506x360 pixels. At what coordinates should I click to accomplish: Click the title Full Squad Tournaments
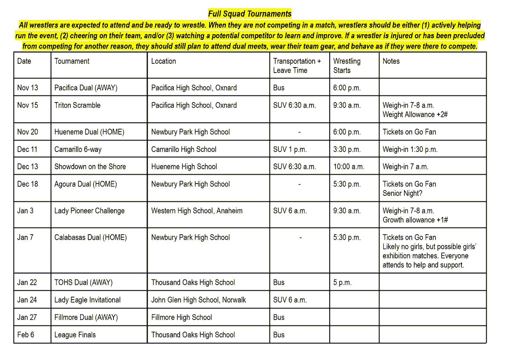(250, 14)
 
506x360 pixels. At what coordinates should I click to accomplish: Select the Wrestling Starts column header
(347, 65)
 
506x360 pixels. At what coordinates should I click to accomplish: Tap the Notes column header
(391, 61)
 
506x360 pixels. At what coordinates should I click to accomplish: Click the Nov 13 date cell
(27, 88)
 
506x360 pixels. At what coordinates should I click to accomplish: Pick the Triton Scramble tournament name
(77, 105)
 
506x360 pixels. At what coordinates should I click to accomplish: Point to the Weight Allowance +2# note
(415, 114)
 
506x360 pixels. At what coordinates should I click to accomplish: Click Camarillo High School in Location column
(183, 149)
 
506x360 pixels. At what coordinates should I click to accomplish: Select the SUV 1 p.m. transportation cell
(290, 149)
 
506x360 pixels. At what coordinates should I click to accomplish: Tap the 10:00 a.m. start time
(349, 166)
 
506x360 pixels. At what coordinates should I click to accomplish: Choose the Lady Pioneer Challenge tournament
(89, 211)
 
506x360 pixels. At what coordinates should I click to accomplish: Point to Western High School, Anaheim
(197, 211)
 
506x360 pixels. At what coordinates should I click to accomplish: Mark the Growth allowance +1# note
(415, 220)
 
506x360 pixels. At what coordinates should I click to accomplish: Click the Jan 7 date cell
(25, 237)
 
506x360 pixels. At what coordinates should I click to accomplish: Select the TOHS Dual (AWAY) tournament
(83, 282)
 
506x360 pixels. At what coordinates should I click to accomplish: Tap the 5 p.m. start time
(342, 282)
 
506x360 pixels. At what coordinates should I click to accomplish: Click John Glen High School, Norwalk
(199, 300)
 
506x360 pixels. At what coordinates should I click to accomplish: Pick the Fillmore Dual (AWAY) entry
(86, 317)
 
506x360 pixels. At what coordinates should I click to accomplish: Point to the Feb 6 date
(26, 335)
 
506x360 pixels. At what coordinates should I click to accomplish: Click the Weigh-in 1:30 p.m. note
(410, 149)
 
